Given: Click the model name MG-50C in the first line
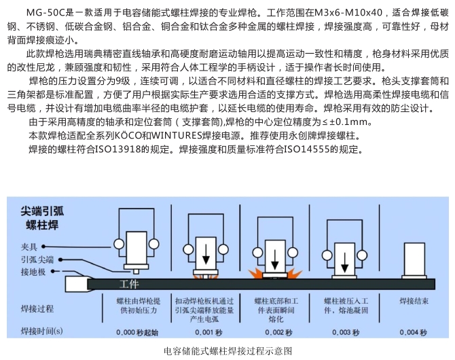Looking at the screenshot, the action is tap(46, 12).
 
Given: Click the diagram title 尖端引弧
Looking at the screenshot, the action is tap(42, 211).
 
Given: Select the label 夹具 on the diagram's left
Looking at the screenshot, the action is tap(29, 247).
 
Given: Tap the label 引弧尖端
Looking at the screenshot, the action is tap(37, 259).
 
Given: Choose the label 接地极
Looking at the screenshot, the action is tap(33, 272).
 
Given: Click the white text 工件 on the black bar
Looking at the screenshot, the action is tap(129, 284).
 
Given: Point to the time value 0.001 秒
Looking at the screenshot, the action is tap(208, 332).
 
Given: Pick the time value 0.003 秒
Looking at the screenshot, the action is tap(346, 332).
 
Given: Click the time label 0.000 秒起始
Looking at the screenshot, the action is tap(137, 332).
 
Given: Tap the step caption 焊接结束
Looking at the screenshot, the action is tap(414, 301).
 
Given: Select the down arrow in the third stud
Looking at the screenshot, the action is tap(274, 260).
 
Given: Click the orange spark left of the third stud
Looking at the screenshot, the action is tap(255, 274).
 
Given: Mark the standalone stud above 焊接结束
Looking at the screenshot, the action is tap(414, 261).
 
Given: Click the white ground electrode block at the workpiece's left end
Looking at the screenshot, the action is tap(77, 284).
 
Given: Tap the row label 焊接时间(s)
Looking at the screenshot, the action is tap(42, 331).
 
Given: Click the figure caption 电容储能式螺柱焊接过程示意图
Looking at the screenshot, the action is tap(227, 351).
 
